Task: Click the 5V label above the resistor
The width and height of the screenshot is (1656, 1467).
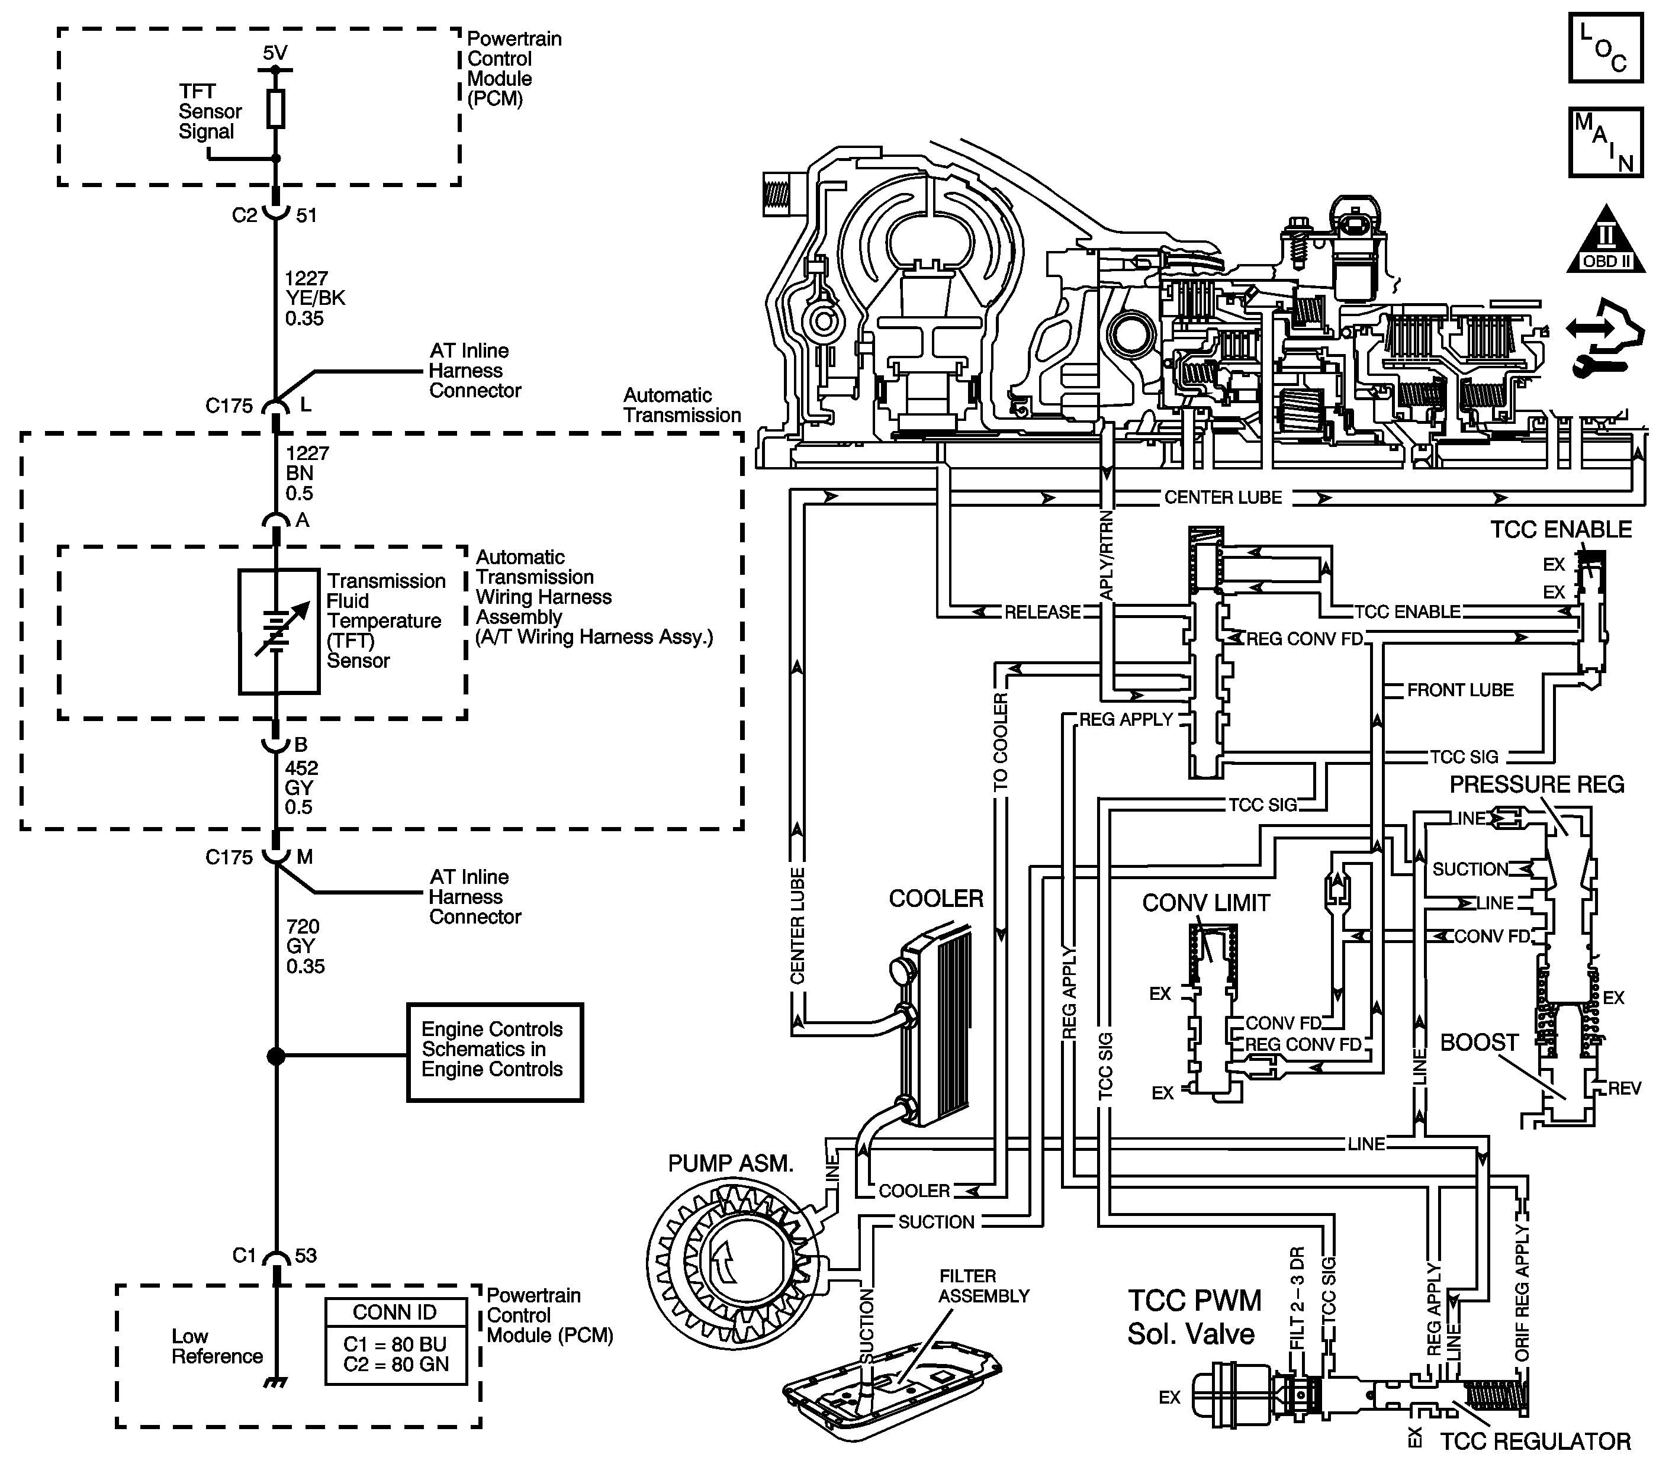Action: tap(275, 53)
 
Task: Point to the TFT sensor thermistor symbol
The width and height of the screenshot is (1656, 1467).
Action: tap(279, 632)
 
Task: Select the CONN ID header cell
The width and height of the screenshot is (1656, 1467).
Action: tap(395, 1312)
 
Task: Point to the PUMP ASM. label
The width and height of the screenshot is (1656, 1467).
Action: tap(731, 1163)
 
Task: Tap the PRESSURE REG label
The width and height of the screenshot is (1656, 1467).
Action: tap(1537, 784)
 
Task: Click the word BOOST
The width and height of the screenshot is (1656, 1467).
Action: tap(1478, 1042)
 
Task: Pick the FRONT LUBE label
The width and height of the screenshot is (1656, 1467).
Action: tap(1460, 690)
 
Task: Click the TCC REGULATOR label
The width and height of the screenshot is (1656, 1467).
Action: tap(1535, 1441)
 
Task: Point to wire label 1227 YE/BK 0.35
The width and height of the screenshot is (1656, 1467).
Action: tap(314, 298)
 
